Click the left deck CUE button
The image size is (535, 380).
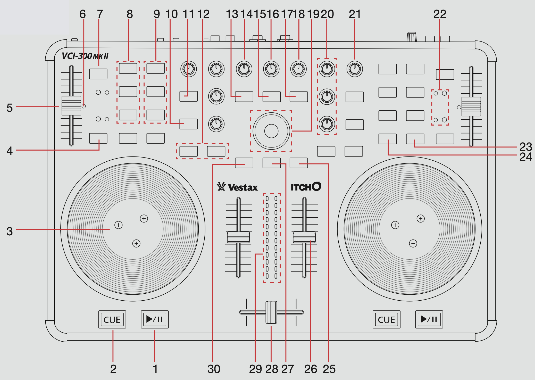point(112,319)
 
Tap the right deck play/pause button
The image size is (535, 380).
point(429,319)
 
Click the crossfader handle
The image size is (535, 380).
point(271,312)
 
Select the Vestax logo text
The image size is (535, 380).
point(237,187)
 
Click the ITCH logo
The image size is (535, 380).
point(306,187)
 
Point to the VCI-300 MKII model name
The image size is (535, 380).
point(85,56)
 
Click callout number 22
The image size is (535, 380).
point(440,14)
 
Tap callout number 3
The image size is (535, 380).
point(10,231)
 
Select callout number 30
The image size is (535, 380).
point(214,369)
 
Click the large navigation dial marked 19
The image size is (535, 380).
point(271,131)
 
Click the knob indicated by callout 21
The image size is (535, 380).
point(355,69)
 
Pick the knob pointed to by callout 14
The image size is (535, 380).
point(244,69)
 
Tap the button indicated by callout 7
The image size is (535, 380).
point(98,74)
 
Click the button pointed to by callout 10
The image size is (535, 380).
point(188,124)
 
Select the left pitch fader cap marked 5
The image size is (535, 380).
point(71,106)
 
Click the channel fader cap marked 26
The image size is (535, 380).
point(304,237)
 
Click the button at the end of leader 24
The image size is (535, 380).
point(387,139)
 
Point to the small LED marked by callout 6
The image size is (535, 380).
point(84,106)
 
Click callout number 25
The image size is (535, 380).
point(329,369)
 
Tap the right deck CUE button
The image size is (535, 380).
point(386,319)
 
